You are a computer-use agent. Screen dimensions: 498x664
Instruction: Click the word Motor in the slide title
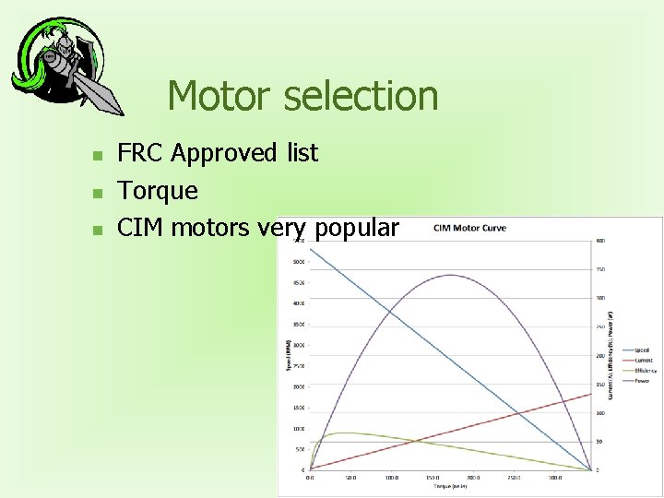(218, 96)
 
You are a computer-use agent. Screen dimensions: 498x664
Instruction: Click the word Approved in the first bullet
(224, 153)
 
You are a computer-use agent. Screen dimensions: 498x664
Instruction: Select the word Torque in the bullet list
(157, 191)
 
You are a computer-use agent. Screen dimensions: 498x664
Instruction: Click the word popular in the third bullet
(357, 228)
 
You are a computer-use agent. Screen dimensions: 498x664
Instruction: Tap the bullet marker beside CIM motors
(96, 229)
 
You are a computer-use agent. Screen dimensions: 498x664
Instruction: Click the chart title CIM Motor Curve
(469, 229)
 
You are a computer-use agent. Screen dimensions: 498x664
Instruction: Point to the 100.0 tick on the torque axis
(391, 478)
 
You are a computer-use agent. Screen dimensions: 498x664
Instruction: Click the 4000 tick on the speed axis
(299, 303)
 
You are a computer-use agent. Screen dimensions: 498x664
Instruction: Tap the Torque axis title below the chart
(450, 486)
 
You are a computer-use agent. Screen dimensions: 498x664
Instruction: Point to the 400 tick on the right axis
(600, 241)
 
